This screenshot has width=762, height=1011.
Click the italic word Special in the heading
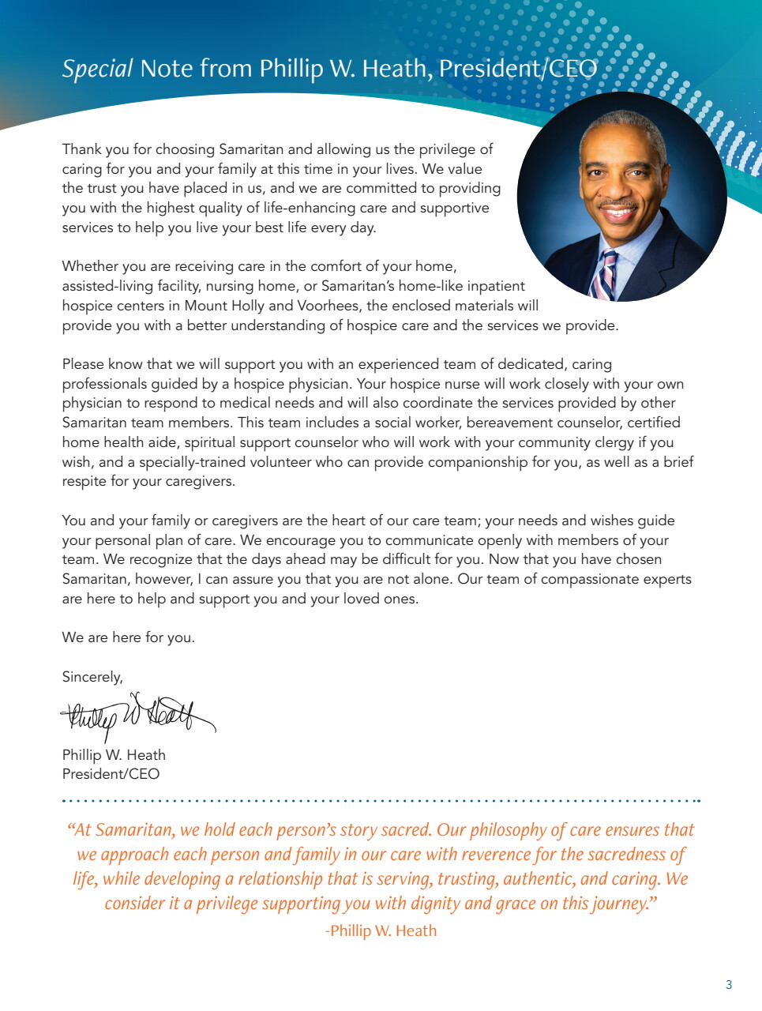tap(97, 70)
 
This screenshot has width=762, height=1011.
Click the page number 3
tap(729, 984)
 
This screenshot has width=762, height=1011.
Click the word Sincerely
tap(92, 677)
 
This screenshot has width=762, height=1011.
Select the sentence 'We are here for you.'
tap(128, 637)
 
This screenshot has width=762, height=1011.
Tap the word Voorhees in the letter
tap(329, 306)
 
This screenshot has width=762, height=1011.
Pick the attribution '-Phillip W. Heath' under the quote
tap(381, 930)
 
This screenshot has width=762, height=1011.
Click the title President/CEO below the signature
tap(111, 774)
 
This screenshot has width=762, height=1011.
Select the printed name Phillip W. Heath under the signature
tap(114, 755)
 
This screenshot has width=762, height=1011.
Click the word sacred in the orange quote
tap(406, 830)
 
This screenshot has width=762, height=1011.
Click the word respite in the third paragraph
tap(84, 482)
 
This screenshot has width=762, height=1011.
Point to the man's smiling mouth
tap(618, 212)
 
